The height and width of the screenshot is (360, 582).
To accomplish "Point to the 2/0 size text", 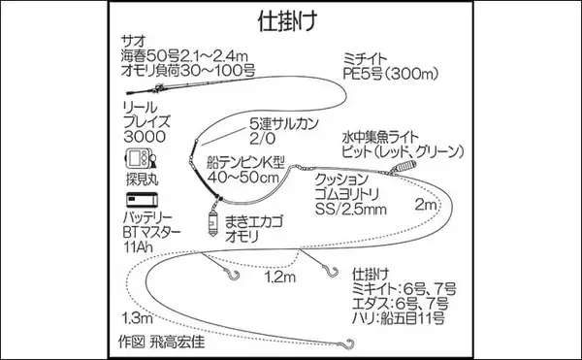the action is pyautogui.click(x=264, y=141).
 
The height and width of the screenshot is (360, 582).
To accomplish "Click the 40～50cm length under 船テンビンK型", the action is pyautogui.click(x=254, y=178).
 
